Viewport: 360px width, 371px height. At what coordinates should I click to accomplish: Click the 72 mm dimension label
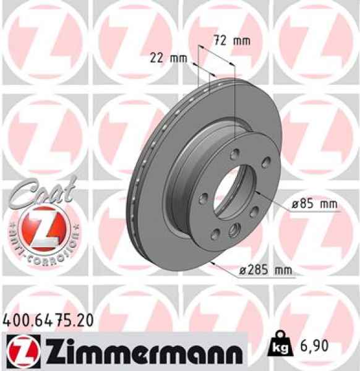[x=231, y=41]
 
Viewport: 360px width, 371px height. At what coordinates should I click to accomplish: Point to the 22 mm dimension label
[x=168, y=59]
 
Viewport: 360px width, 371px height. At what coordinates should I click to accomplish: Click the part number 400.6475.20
[x=49, y=320]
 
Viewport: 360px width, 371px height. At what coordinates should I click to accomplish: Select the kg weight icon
[x=278, y=348]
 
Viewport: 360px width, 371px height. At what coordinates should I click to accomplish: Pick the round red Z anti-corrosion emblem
[x=42, y=228]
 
